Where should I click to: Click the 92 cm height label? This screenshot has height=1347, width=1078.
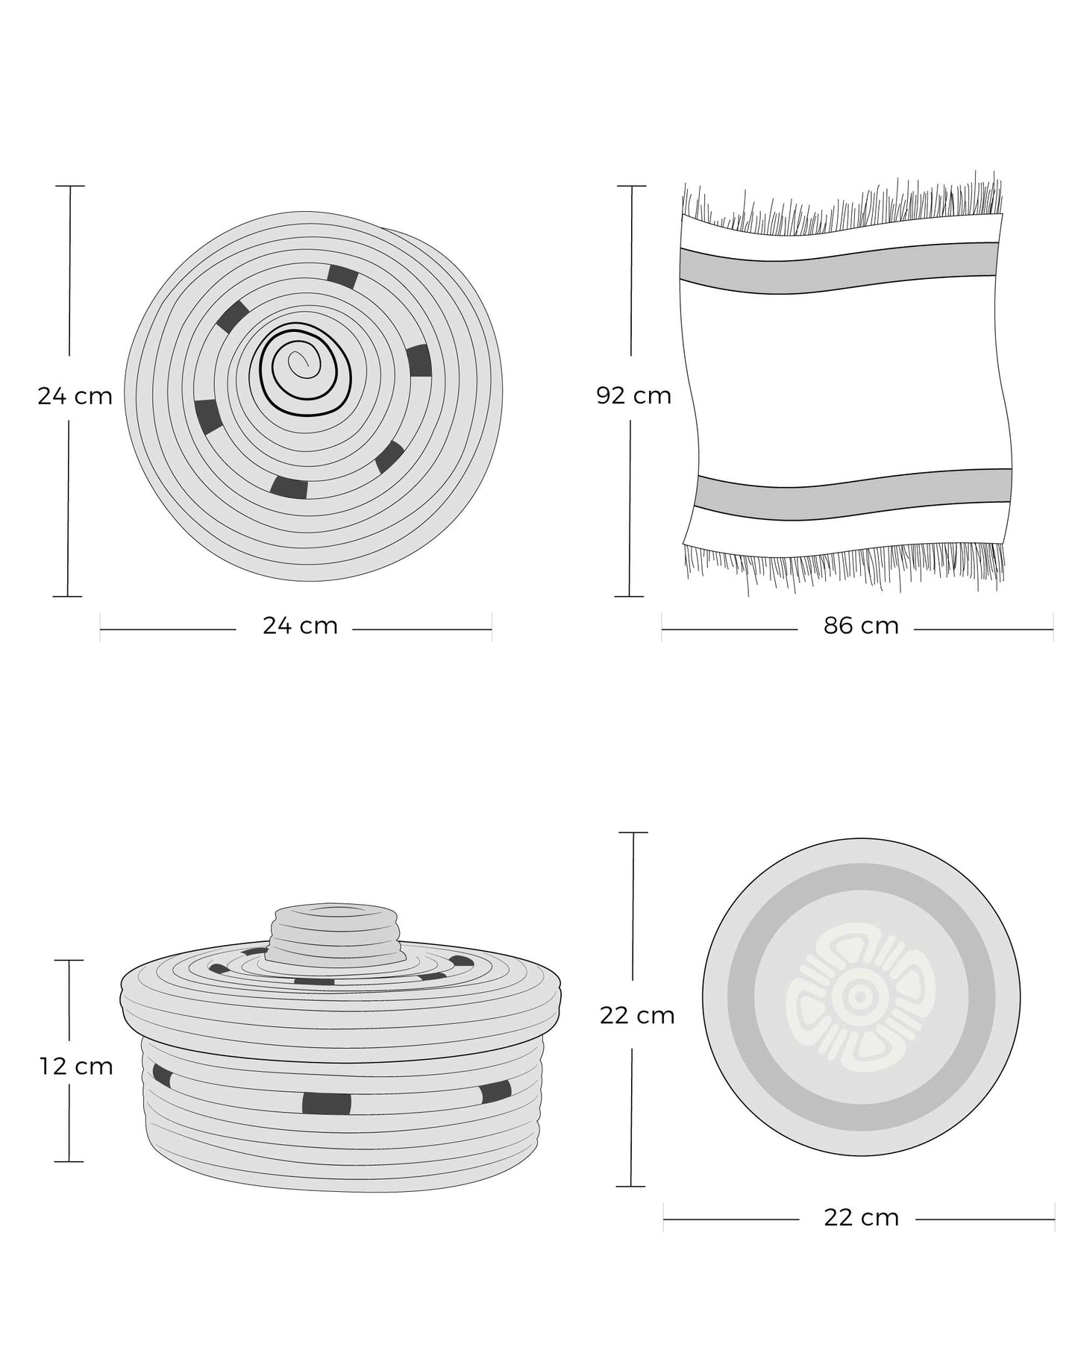pos(633,395)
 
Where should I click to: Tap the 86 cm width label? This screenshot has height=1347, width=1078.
pos(861,626)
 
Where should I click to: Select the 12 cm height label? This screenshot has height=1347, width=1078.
pos(76,1067)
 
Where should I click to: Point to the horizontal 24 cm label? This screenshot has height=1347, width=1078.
pos(300,626)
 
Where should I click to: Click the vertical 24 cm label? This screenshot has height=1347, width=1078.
pos(75,395)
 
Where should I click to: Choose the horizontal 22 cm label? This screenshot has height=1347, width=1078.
pos(861,1218)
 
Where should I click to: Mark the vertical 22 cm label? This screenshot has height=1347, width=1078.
pos(637,1015)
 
